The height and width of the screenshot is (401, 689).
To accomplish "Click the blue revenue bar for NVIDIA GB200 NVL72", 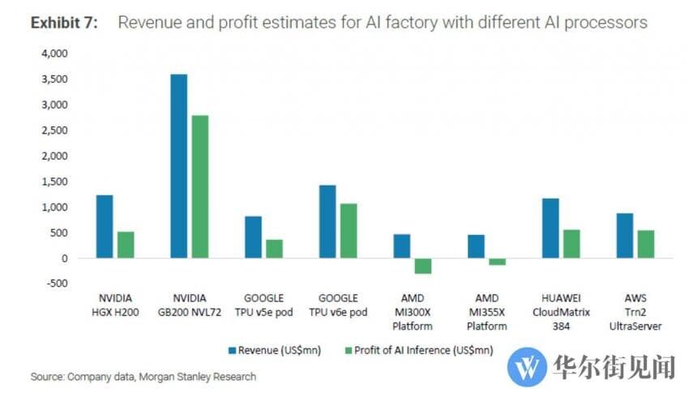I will tap(178, 166).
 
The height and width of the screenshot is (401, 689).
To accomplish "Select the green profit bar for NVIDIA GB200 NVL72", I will tap(199, 186).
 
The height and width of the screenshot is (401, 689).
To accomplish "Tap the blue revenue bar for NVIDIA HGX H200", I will tap(105, 227).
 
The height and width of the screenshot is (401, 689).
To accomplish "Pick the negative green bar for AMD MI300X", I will tap(422, 266).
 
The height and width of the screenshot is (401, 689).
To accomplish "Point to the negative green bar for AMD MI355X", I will tap(497, 262).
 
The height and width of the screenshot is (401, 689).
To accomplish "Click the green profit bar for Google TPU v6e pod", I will tap(348, 231).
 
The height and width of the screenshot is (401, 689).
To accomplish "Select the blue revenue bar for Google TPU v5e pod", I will tap(253, 237).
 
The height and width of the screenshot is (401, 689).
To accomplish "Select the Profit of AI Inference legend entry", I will tap(422, 350).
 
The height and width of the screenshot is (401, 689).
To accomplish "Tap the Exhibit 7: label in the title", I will tap(64, 23).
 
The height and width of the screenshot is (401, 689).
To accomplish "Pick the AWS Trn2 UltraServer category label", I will tap(636, 312).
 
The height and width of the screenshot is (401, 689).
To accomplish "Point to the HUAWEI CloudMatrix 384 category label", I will tap(561, 312).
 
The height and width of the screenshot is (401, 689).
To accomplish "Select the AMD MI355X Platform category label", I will tap(487, 312).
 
